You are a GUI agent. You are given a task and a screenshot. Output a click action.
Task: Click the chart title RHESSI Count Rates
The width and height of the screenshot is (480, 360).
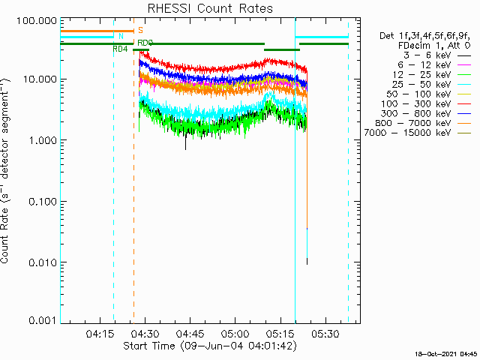(x=210, y=9)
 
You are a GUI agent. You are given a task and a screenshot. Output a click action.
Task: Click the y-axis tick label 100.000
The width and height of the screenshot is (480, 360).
(x=37, y=20)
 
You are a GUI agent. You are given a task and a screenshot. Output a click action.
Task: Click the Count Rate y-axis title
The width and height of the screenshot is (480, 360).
(x=7, y=171)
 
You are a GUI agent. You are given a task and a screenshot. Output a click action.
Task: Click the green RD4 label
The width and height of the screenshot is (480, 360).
(x=120, y=49)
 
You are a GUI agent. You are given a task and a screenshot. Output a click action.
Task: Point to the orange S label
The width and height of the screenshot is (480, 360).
(x=140, y=30)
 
